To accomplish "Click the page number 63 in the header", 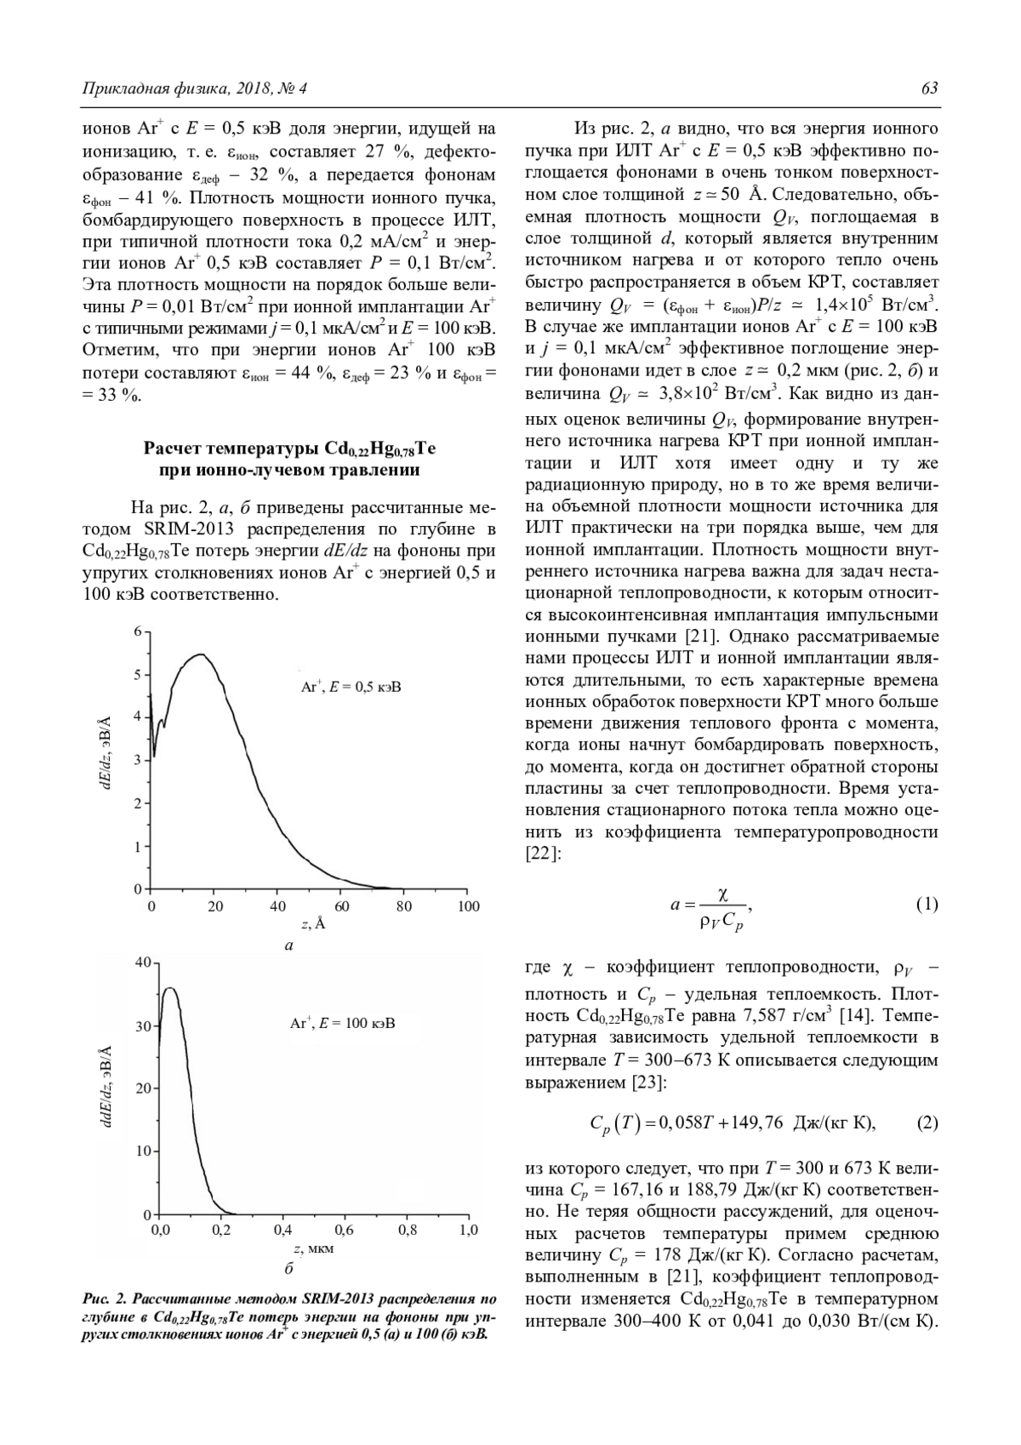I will click(929, 89).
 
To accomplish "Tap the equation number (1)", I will click(927, 904).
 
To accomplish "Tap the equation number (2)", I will click(927, 1122).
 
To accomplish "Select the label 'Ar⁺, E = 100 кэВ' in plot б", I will click(343, 1023).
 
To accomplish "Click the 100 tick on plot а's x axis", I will click(469, 907).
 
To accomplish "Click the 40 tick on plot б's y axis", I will click(141, 962).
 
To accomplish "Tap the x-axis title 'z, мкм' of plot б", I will click(313, 1248).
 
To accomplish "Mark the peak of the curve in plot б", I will click(169, 988).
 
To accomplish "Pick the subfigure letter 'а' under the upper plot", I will click(288, 945).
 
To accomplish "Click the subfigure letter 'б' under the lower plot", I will click(288, 1269).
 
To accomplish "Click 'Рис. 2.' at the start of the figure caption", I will click(105, 1299).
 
